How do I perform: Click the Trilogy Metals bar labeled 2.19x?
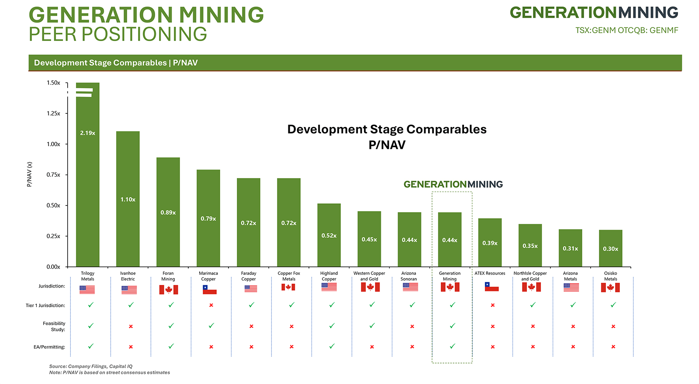click(87, 175)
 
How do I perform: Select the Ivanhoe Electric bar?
click(128, 199)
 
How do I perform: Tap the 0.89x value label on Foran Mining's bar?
click(168, 213)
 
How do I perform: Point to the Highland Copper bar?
click(329, 235)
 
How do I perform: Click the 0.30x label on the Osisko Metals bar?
click(610, 249)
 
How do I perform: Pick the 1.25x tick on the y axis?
click(54, 113)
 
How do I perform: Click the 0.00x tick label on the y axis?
click(54, 267)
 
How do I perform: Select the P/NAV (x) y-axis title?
click(30, 175)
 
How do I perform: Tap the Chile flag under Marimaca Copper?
click(210, 289)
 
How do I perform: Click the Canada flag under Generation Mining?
click(450, 287)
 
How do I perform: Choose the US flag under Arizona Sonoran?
click(410, 287)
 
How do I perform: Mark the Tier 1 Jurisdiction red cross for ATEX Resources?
click(493, 305)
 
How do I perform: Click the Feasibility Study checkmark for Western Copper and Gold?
click(372, 326)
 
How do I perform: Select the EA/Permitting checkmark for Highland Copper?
click(332, 346)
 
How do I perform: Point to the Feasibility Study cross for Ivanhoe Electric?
click(131, 326)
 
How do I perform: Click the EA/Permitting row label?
click(49, 347)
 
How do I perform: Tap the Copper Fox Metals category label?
click(289, 276)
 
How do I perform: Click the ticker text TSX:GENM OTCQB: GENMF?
click(626, 31)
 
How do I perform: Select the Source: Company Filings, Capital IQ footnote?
click(91, 367)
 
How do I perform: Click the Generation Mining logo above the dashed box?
click(453, 184)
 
